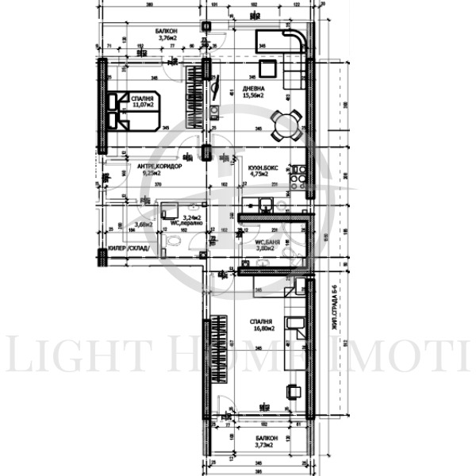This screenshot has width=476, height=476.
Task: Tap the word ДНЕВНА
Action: pyautogui.click(x=254, y=88)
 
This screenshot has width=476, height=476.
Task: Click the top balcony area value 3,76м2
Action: pyautogui.click(x=167, y=37)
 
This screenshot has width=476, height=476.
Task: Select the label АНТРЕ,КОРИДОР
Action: pyautogui.click(x=159, y=166)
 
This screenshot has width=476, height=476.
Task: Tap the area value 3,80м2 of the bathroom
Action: pyautogui.click(x=264, y=248)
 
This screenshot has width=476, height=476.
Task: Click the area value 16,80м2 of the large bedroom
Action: pyautogui.click(x=263, y=328)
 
